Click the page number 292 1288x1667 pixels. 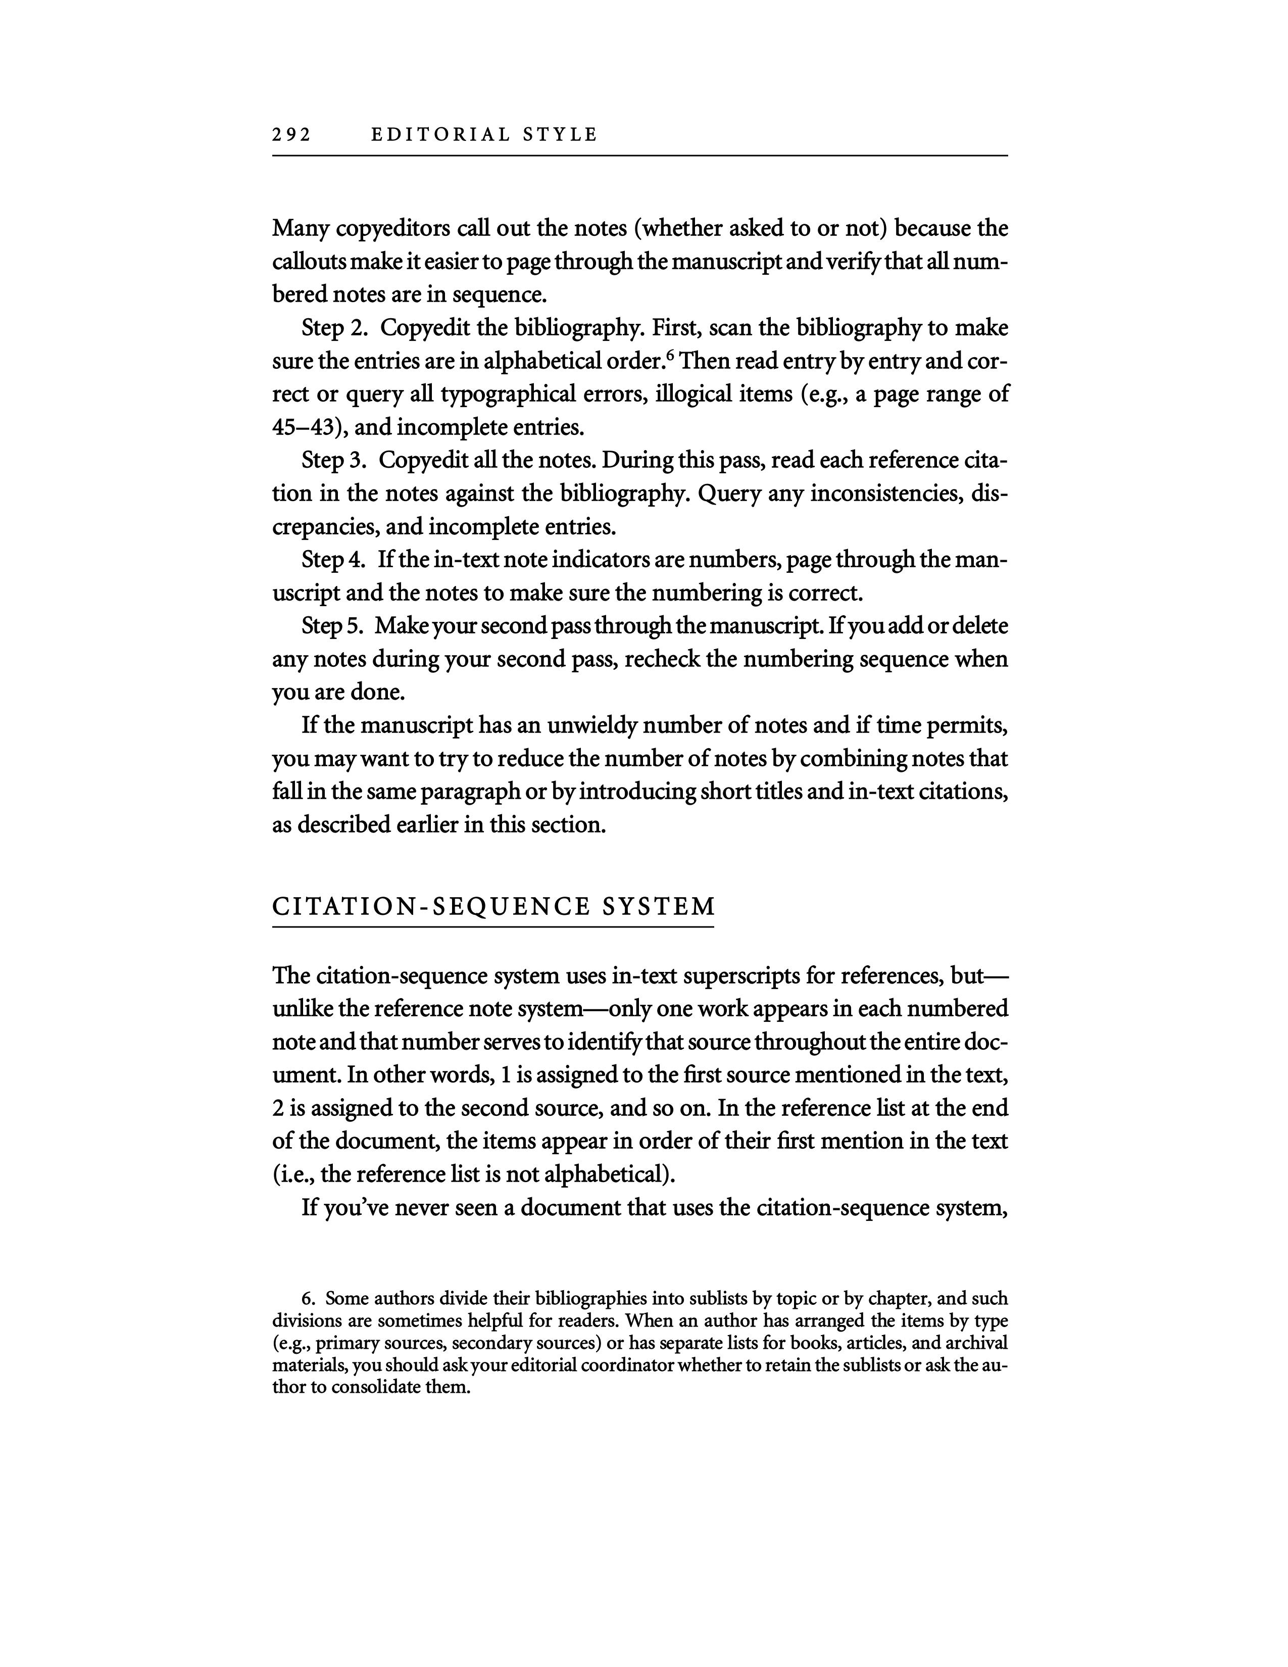(291, 135)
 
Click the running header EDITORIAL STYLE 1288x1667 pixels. (484, 135)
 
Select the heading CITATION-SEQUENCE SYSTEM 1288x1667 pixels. (493, 906)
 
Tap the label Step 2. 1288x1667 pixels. (335, 328)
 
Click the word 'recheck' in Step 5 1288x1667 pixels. (661, 659)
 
